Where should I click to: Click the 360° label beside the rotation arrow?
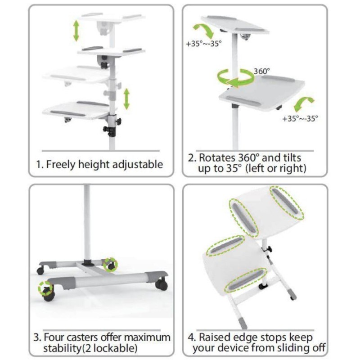262,71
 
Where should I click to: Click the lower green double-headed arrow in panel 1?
127,99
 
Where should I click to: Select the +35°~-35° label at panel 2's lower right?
300,119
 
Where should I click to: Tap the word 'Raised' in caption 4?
216,337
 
